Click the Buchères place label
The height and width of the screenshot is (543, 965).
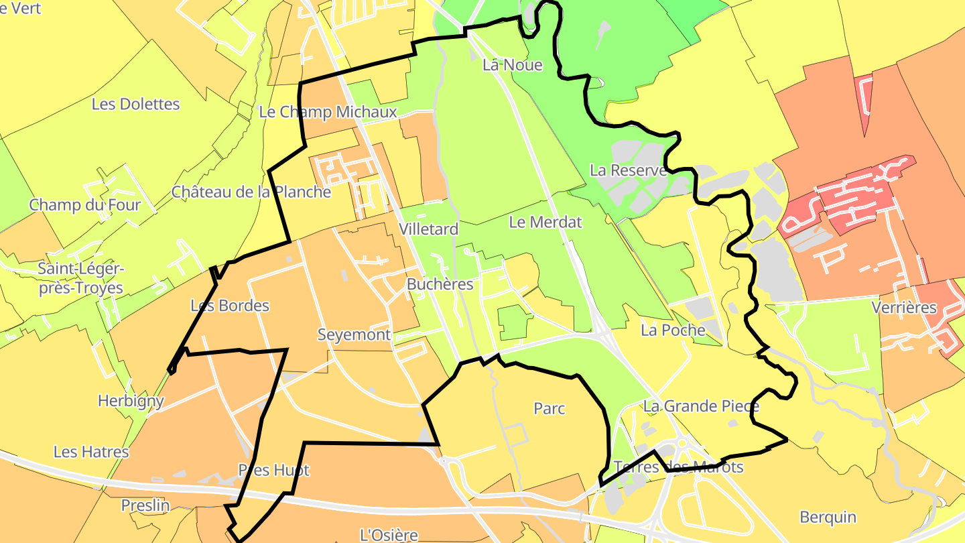pos(440,284)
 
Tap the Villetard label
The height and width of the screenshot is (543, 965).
pos(428,229)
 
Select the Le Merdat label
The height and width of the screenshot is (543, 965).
pos(545,222)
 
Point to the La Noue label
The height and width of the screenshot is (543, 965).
pos(512,65)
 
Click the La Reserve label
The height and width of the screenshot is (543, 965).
pos(628,170)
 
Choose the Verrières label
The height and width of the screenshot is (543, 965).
pos(904,308)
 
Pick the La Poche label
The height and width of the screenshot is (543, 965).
pos(673,330)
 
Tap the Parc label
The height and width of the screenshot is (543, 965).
pos(550,408)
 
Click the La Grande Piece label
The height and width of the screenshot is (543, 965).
pos(701,406)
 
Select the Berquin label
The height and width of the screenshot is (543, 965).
pos(828,517)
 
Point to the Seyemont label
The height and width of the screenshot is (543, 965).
pos(354,335)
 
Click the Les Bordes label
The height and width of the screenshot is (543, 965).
pos(230,306)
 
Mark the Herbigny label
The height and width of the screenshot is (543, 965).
pos(131,401)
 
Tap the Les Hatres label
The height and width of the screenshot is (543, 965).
pos(91,452)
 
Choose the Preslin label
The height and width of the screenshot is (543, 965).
pos(145,505)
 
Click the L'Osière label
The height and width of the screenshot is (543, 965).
pos(389,535)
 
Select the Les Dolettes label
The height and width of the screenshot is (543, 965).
pos(135,104)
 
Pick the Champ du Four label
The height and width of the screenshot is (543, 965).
pos(85,204)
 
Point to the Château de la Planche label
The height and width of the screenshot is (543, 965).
pos(251,192)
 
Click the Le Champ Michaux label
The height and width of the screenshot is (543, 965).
pos(328,112)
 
